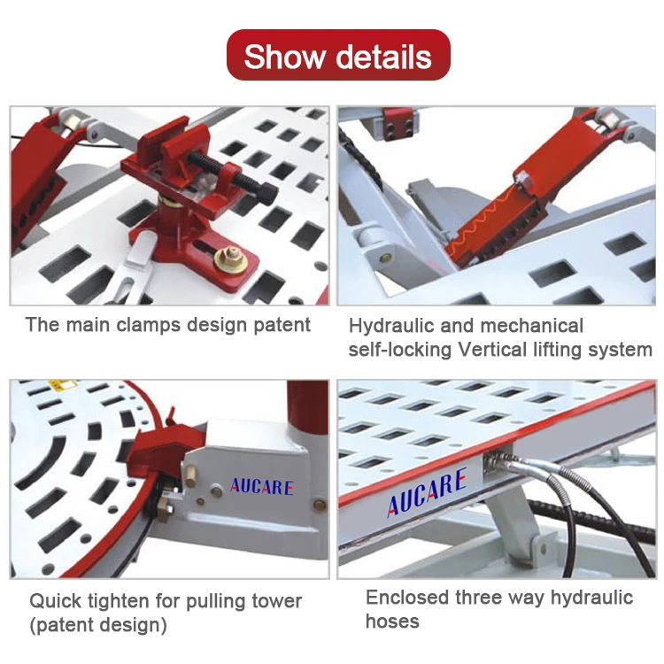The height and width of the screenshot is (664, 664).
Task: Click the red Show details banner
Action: click(338, 56)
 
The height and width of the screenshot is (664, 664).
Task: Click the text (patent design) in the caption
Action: click(98, 625)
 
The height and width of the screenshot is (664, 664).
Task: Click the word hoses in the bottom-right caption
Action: click(392, 621)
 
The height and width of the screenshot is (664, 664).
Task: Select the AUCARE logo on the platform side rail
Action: click(426, 496)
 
